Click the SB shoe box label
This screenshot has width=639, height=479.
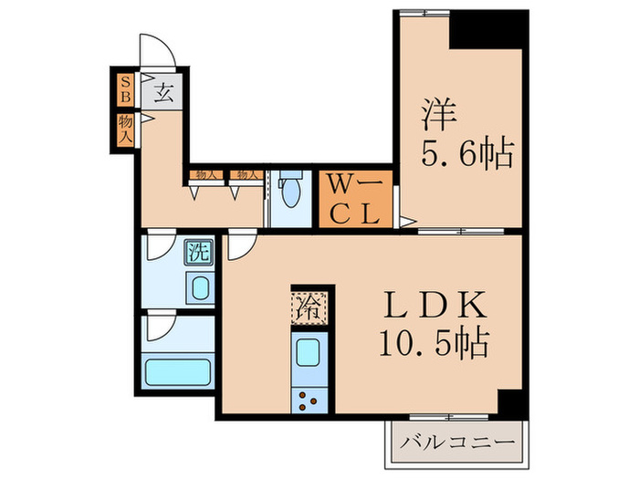pos(125,89)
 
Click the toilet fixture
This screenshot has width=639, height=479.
pos(291,194)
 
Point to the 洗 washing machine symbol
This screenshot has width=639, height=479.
pos(198,253)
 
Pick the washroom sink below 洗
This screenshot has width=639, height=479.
pos(199,290)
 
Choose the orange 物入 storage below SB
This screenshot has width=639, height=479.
pos(125,128)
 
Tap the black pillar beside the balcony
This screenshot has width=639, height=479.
pos(512,402)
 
